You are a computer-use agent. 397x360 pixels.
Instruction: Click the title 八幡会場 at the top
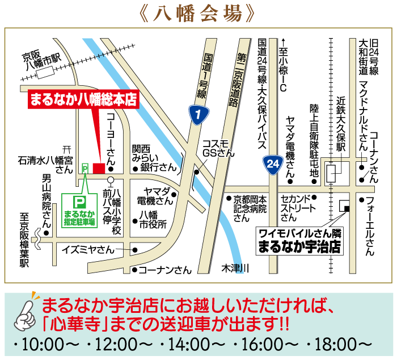pyautogui.click(x=199, y=13)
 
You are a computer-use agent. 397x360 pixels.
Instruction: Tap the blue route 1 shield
pyautogui.click(x=197, y=114)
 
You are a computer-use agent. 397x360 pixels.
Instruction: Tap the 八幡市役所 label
pyautogui.click(x=153, y=219)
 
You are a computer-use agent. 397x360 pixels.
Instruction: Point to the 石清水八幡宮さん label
pyautogui.click(x=46, y=165)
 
